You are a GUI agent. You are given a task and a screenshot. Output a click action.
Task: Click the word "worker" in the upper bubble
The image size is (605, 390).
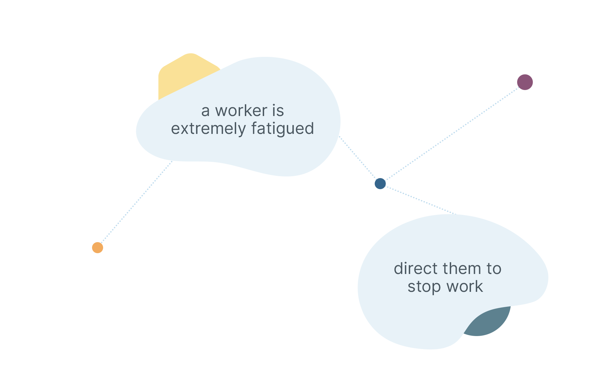[x=241, y=111]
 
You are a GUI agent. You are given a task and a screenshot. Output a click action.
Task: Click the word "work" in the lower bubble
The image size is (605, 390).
[x=464, y=287]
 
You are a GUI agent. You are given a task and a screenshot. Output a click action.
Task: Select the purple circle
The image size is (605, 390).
[x=525, y=82]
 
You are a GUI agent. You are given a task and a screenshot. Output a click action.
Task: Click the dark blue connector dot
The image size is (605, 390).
[x=380, y=184]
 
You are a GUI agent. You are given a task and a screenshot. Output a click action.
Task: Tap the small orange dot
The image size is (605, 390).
[x=98, y=248]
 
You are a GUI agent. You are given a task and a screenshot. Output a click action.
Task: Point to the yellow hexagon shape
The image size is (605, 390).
[x=182, y=71]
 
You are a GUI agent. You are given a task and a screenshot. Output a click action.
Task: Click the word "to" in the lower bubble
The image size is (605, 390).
[x=494, y=269]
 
